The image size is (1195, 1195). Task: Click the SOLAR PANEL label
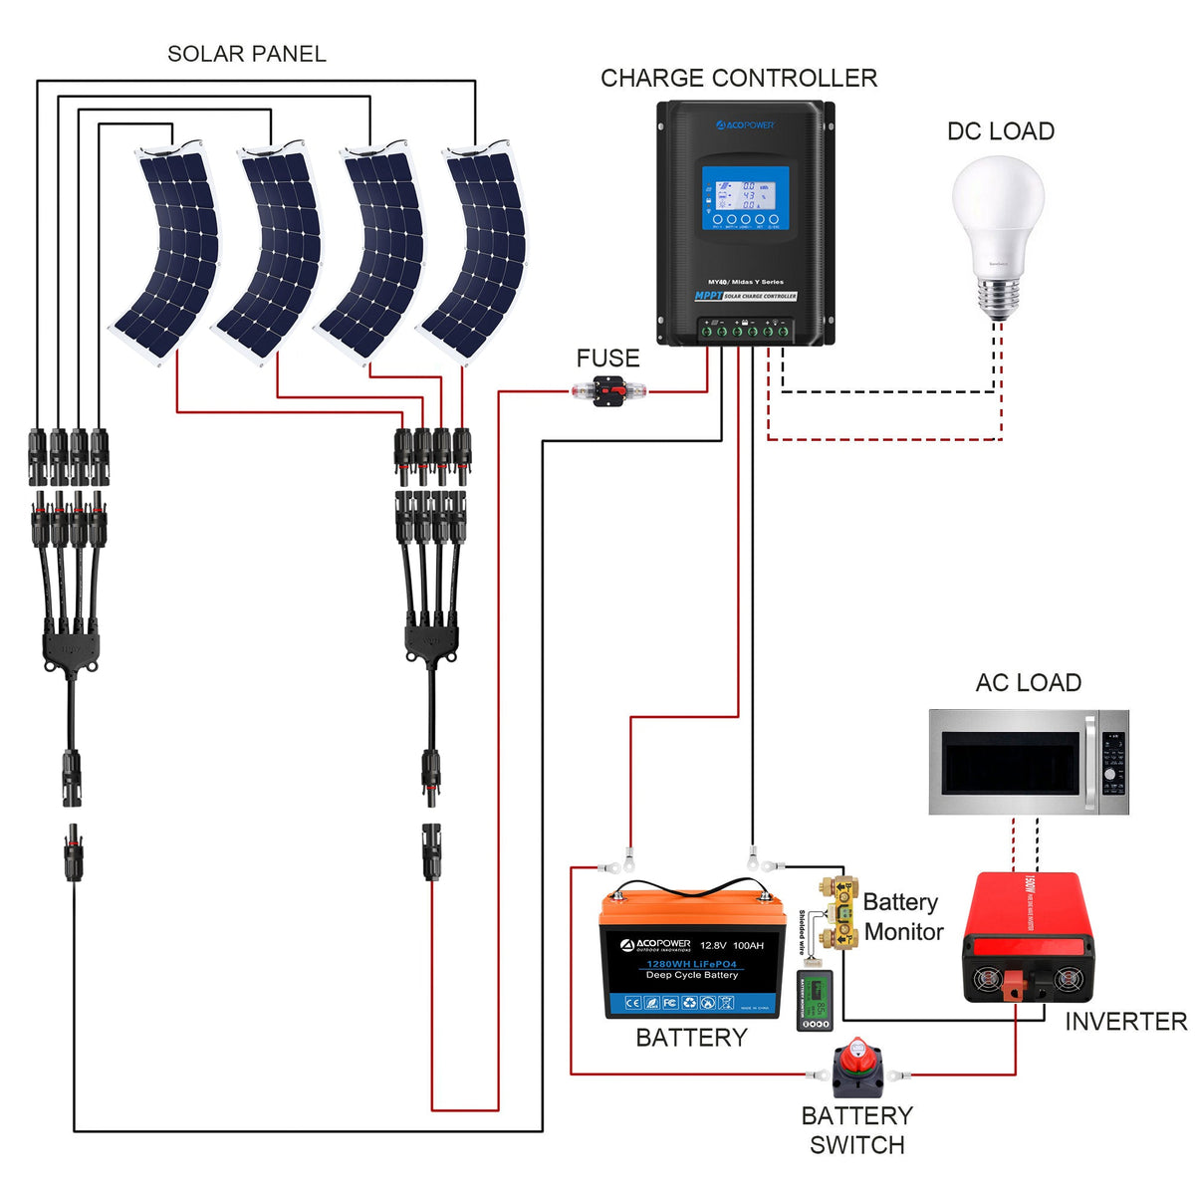pos(246,54)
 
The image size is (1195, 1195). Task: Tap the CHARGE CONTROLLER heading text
pos(738,79)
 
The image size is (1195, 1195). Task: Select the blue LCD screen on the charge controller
pos(745,197)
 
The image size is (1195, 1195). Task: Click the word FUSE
pos(607,358)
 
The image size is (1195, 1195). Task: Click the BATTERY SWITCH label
pos(856,1129)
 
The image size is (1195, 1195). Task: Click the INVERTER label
pos(1125,1022)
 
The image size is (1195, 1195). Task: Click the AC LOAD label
pos(1028,683)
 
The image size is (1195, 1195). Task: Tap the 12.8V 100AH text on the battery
pos(731,945)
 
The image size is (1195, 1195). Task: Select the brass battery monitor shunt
pos(838,911)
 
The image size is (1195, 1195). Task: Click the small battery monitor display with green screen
pos(815,1001)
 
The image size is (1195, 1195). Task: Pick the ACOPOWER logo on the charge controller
pos(745,125)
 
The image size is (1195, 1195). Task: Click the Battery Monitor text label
pos(902,917)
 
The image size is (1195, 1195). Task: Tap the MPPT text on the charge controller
pos(707,296)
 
